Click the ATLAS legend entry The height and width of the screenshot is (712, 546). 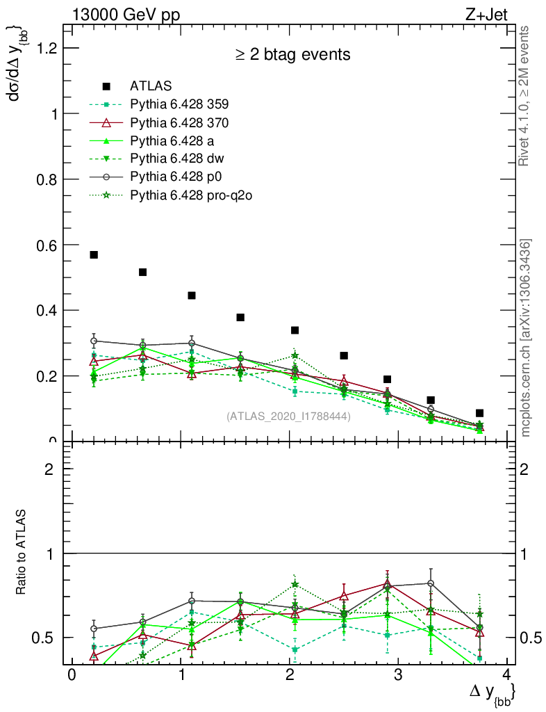[x=151, y=86]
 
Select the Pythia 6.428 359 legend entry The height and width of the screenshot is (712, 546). [x=179, y=104]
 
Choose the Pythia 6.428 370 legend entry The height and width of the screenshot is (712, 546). [x=179, y=122]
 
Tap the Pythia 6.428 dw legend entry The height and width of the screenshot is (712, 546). [x=176, y=159]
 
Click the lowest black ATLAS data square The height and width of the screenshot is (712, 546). [x=479, y=413]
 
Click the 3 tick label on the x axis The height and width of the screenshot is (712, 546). [x=398, y=676]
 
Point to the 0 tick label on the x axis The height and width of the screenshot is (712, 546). [x=72, y=676]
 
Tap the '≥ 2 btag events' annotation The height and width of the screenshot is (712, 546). [x=292, y=54]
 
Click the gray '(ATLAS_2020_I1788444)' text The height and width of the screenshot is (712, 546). [x=288, y=416]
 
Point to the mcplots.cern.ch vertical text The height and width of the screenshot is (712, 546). [x=526, y=338]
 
